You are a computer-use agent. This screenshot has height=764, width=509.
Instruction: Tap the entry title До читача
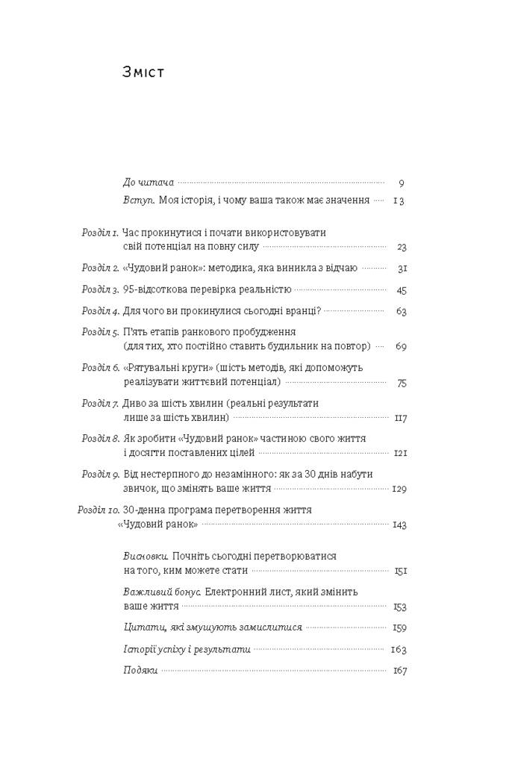(148, 182)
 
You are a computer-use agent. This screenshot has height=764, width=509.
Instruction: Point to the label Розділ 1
(100, 233)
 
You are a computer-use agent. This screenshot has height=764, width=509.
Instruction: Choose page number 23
(401, 247)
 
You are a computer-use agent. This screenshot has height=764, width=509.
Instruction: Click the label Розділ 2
(100, 267)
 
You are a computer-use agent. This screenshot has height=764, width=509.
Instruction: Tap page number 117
(399, 418)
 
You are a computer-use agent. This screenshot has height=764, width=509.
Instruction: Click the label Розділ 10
(98, 510)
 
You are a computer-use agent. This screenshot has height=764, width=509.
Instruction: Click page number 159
(399, 627)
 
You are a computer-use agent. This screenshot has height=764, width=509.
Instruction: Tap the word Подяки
(140, 670)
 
